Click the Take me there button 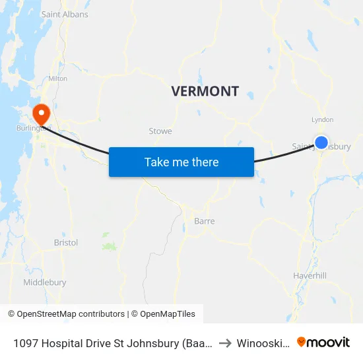181,162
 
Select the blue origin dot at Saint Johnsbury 321,142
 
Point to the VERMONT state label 205,91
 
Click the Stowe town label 160,131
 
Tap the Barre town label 204,221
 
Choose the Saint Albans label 65,14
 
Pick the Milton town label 57,78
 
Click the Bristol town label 66,242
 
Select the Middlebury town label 45,282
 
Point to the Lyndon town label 322,120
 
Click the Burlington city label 34,128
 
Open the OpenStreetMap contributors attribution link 66,314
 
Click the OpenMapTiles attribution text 166,314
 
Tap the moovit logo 323,342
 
